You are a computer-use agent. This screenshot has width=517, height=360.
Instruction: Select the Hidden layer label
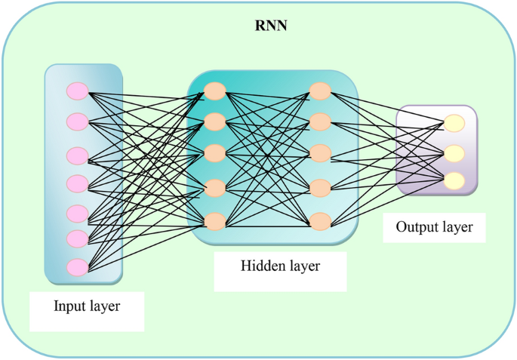pos(280,266)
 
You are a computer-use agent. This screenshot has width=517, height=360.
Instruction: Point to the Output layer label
pos(433,226)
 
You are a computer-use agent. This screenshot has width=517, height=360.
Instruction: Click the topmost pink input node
pos(78,91)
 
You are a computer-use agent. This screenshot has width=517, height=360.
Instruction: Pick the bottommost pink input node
pos(78,267)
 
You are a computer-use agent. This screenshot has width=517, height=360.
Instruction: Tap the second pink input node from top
pos(78,121)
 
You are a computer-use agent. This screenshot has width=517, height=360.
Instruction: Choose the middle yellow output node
pos(454,153)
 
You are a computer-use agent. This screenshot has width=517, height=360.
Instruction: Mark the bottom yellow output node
pos(454,181)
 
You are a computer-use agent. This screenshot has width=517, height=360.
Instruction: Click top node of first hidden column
pos(215,91)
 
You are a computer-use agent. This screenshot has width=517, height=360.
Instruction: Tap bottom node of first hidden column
pos(215,221)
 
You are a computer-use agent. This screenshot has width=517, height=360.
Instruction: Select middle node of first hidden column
pos(215,153)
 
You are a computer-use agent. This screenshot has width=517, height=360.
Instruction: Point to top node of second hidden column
pos(320,91)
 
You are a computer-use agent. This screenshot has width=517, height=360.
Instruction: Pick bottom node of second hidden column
pos(320,221)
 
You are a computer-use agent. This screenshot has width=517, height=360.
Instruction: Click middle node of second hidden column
pos(320,153)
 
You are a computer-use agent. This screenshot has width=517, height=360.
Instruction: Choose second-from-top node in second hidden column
pos(320,121)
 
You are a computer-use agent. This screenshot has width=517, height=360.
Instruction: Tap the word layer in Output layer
pos(457,227)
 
